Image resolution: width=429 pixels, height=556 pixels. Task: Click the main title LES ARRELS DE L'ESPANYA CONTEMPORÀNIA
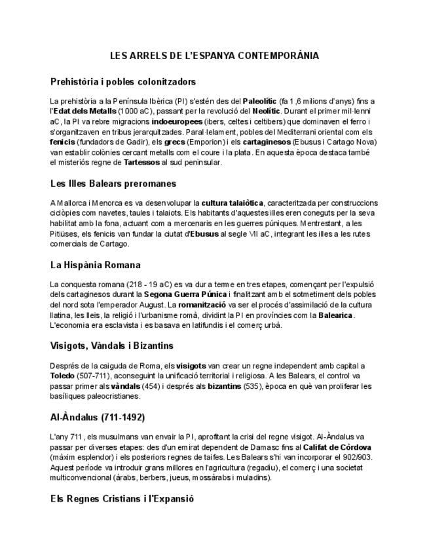(x=214, y=56)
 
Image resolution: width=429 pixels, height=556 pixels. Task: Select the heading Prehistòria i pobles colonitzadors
(x=122, y=82)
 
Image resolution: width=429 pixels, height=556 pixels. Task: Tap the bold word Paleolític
(x=259, y=102)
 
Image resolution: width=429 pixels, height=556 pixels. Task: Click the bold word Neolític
(x=272, y=111)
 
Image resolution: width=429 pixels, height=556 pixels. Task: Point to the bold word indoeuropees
(x=176, y=122)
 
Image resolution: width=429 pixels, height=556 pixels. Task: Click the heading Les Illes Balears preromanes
(x=113, y=183)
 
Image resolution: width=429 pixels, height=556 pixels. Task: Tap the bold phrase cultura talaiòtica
(x=233, y=203)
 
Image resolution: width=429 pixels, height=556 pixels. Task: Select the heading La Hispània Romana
(x=95, y=265)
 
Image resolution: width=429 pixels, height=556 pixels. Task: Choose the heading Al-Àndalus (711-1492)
(x=98, y=417)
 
